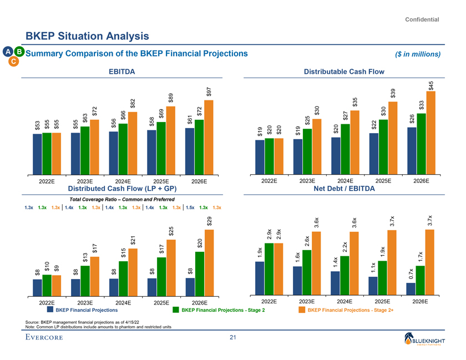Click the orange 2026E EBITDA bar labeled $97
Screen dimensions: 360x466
209,136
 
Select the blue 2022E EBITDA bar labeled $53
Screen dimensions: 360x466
37,153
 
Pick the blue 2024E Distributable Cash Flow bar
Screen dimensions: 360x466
336,155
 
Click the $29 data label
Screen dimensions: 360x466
209,220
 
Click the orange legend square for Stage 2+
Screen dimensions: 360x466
302,310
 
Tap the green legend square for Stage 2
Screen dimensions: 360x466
176,310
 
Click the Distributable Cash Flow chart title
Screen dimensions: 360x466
344,71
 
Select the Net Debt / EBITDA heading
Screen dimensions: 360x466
344,189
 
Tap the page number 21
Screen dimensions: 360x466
233,338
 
